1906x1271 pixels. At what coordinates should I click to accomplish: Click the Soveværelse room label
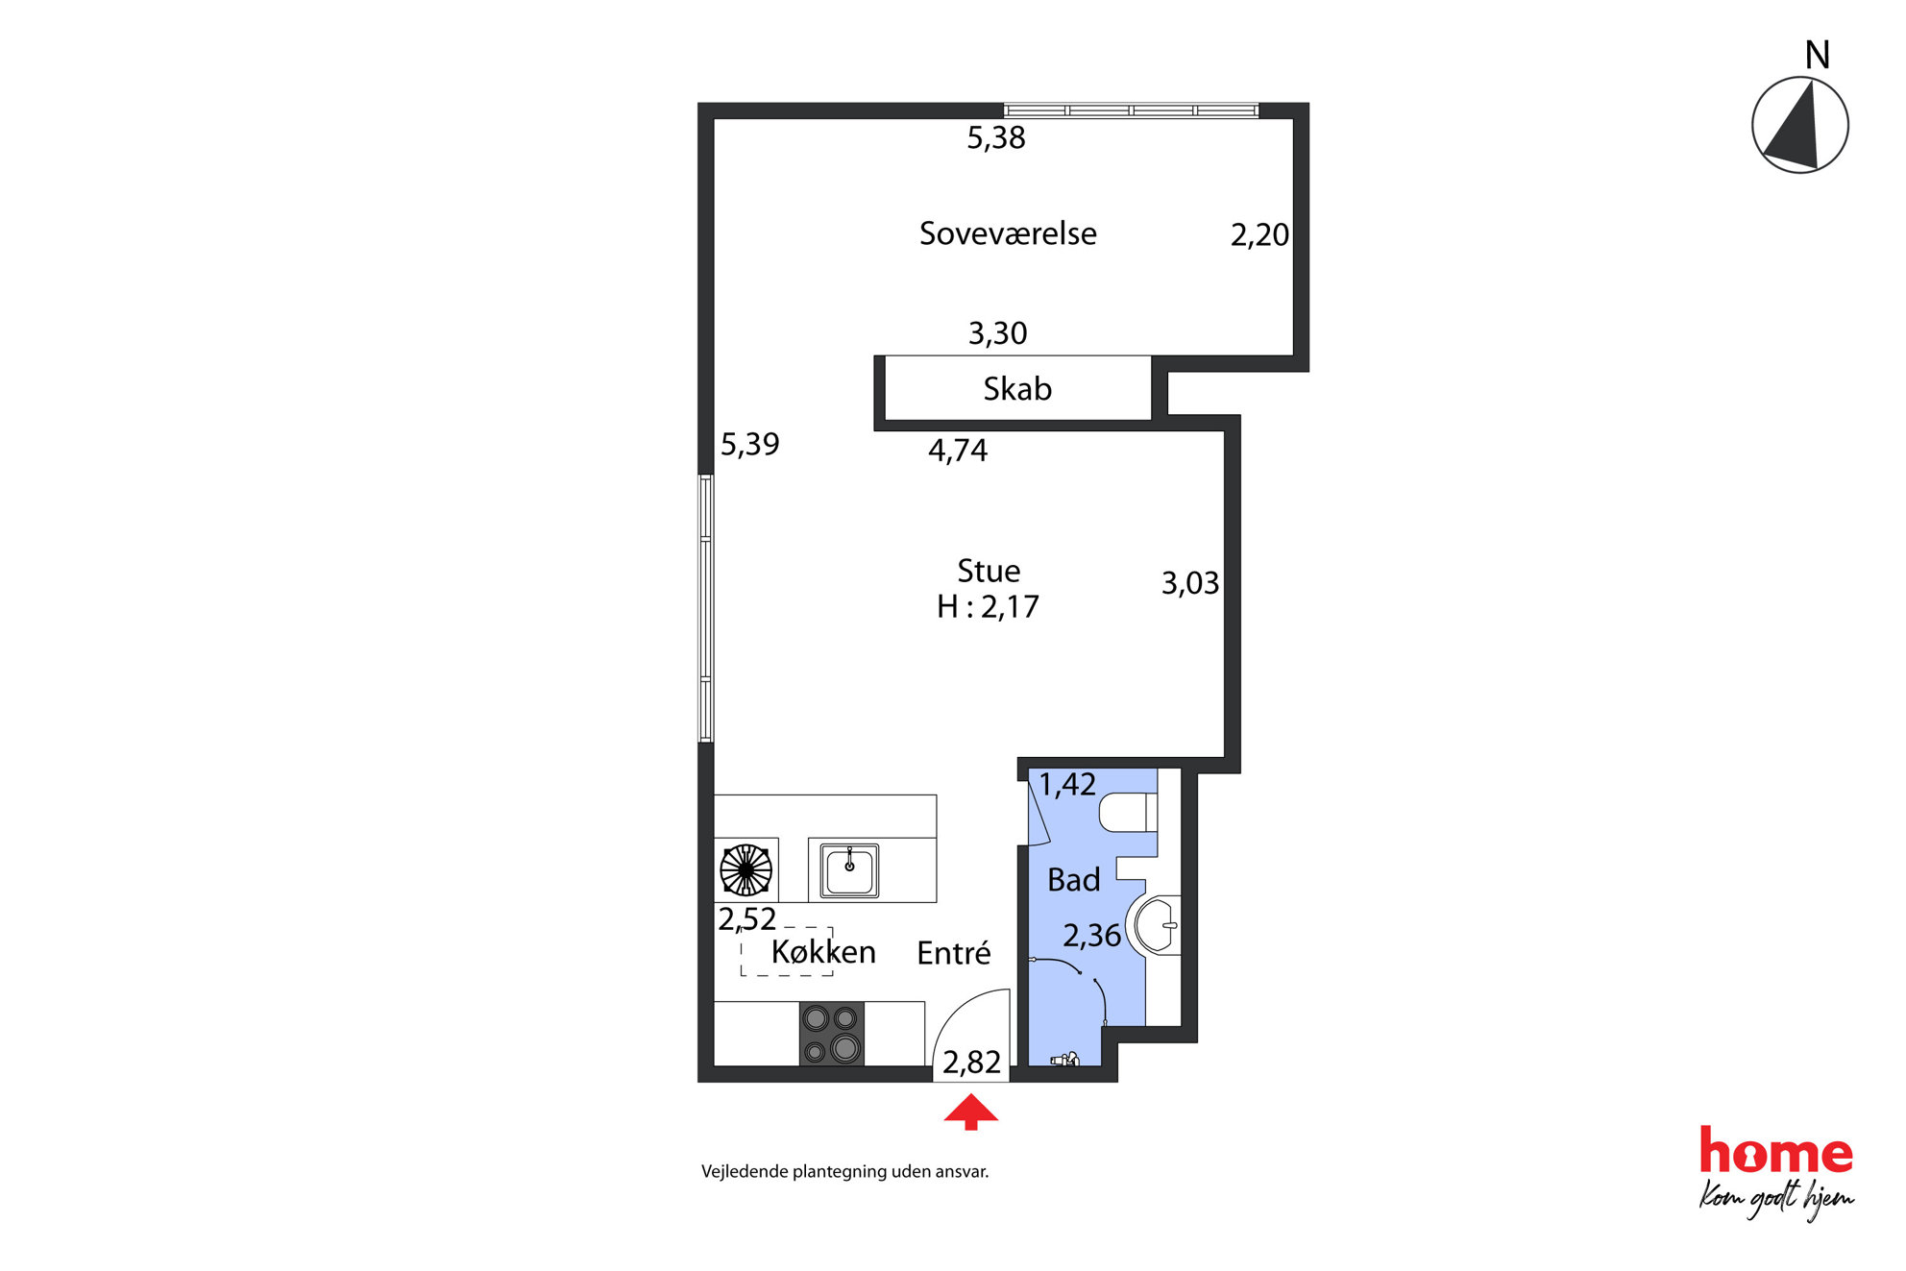1008,233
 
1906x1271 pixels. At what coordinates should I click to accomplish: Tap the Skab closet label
1017,389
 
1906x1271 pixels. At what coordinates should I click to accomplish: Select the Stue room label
989,571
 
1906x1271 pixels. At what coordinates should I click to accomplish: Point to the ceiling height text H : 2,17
988,607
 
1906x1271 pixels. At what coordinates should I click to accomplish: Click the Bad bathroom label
1073,880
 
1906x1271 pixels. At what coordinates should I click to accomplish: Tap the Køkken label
823,952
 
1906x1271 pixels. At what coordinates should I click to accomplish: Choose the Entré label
954,953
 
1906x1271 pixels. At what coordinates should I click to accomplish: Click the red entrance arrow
970,1112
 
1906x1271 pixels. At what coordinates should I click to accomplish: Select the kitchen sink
849,870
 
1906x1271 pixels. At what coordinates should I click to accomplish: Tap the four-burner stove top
832,1034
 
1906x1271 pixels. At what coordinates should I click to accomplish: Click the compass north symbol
1799,125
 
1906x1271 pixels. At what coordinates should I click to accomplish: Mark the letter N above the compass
1817,56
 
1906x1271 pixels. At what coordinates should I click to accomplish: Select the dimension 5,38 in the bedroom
996,138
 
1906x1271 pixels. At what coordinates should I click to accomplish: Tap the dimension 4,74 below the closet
958,451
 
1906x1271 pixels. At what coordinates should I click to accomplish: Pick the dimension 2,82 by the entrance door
971,1063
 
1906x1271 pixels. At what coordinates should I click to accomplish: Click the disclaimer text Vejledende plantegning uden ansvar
845,1172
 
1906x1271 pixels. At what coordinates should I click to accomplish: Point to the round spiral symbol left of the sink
745,870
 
